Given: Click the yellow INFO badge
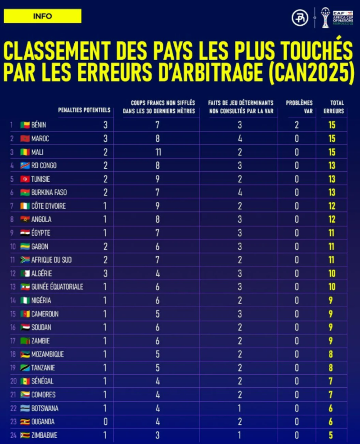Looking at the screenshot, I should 42,16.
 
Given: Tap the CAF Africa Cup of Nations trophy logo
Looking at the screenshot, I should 325,18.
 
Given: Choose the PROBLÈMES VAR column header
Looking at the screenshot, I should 299,107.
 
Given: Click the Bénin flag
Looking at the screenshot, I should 25,125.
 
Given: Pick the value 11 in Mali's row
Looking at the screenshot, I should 157,152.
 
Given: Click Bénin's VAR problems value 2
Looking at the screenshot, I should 297,125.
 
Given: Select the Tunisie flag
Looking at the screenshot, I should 25,179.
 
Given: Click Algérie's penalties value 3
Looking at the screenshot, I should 106,274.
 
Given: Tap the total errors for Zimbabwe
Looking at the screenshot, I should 331,435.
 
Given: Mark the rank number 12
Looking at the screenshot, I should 13,274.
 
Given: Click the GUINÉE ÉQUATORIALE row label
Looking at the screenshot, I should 57,287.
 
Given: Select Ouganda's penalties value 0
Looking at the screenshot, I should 106,422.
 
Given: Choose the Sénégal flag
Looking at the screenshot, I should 25,381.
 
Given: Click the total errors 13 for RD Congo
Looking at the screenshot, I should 332,166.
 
